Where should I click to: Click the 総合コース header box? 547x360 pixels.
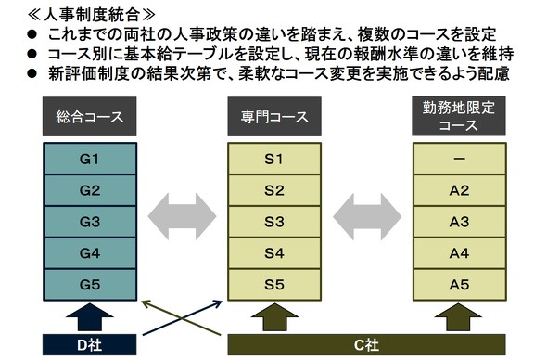(90, 117)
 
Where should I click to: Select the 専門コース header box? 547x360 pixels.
(273, 117)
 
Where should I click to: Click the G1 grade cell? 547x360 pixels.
(90, 159)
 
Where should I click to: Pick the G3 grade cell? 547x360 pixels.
(90, 222)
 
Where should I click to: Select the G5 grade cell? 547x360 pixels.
(90, 284)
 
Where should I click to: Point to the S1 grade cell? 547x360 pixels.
(273, 159)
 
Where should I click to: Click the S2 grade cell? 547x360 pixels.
(273, 190)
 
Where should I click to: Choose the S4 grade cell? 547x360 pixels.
(273, 252)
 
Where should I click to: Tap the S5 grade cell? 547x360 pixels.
(273, 284)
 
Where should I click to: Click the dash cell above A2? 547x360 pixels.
(459, 159)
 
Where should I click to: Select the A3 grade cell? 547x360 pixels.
(459, 222)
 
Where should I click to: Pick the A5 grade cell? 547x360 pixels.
(459, 284)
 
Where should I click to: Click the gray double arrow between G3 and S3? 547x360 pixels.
(182, 222)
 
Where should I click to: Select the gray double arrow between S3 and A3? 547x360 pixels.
(366, 222)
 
